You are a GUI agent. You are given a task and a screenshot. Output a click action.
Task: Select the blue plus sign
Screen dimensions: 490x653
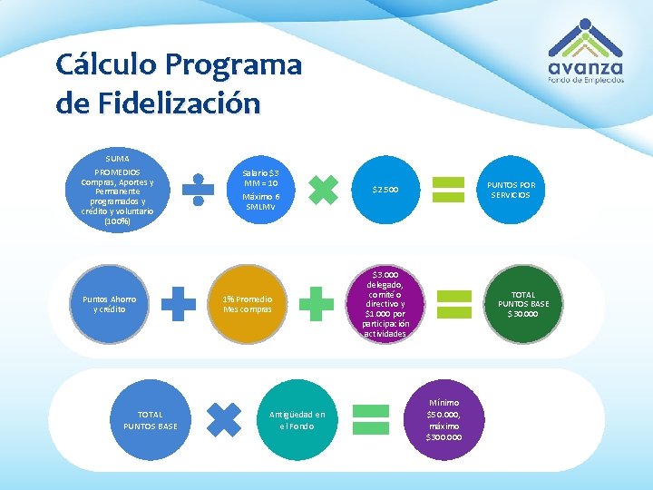pos(179,304)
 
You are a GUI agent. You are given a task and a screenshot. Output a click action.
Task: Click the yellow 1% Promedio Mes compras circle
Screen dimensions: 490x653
pos(248,304)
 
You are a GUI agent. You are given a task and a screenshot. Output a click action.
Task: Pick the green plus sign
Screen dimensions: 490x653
pos(316,304)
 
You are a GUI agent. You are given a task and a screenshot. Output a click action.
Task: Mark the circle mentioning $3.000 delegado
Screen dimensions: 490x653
pos(385,304)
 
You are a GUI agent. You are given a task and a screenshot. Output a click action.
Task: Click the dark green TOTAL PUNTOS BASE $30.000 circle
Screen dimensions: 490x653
pos(522,304)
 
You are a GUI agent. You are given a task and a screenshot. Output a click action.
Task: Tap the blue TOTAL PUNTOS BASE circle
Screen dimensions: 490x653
pos(151,420)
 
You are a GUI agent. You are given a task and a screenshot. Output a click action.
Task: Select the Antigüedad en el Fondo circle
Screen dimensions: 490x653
pos(297,420)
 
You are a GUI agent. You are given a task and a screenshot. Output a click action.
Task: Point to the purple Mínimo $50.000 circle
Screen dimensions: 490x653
pos(443,420)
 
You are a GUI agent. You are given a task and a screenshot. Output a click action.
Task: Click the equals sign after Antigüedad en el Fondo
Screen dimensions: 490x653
pos(370,420)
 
